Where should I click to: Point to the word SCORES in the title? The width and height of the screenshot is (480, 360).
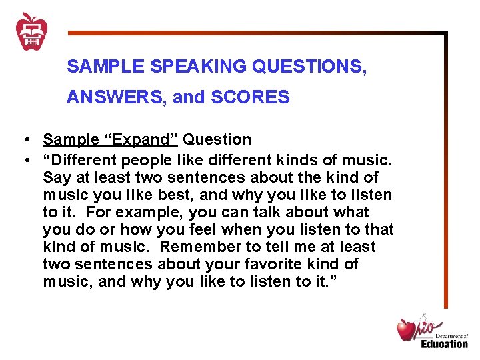pos(250,98)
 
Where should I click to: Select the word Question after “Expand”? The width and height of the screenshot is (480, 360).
pos(217,139)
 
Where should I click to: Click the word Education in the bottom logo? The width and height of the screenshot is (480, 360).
pos(444,343)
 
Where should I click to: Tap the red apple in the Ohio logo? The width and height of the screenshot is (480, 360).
pos(406,330)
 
